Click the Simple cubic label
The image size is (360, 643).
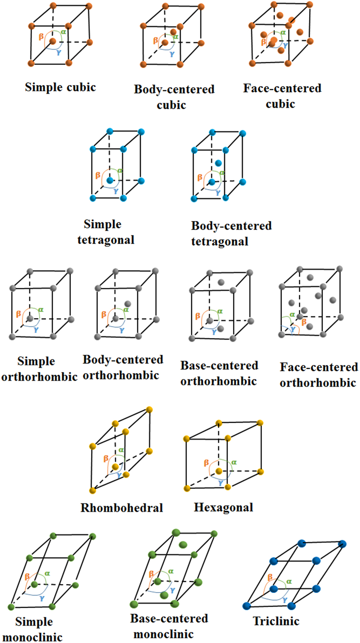(60, 87)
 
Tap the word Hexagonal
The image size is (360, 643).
(223, 507)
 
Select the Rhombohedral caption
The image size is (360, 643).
(122, 508)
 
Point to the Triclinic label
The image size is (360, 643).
(276, 621)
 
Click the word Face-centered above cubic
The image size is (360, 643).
(282, 88)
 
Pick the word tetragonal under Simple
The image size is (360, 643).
(106, 240)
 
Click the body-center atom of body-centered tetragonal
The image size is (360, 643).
(218, 163)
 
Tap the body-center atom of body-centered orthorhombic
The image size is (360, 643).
(127, 304)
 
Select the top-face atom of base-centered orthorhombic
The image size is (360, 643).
(221, 282)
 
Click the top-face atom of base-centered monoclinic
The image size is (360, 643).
(183, 545)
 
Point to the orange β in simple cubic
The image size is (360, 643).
(41, 37)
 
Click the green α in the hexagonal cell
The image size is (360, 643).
(234, 462)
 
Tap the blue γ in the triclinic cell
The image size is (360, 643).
(285, 600)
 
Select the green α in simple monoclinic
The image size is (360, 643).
(47, 574)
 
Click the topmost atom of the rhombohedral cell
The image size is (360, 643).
(149, 409)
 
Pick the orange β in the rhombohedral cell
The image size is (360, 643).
(106, 458)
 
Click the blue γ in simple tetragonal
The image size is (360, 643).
(116, 191)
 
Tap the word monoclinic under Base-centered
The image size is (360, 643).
(163, 634)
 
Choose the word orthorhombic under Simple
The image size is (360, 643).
(39, 377)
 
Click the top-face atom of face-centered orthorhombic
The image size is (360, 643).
(310, 277)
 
